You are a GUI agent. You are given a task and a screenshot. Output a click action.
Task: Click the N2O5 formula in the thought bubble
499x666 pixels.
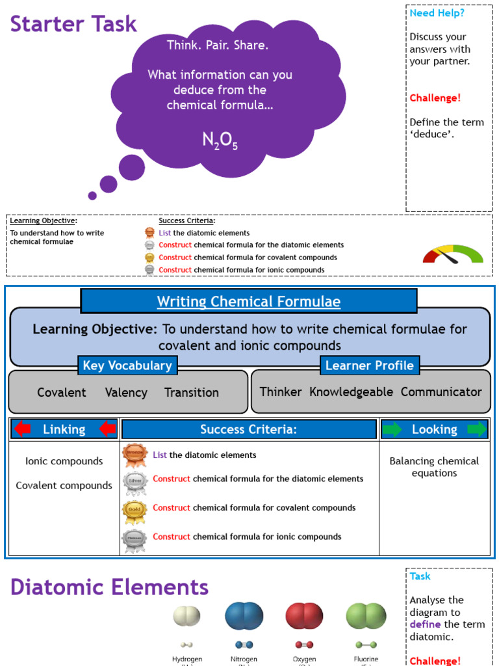(220, 140)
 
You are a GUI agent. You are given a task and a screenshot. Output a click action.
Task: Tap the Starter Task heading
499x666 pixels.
(73, 24)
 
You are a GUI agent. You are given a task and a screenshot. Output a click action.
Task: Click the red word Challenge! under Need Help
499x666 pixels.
(435, 98)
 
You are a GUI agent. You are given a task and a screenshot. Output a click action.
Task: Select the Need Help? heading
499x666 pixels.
(437, 13)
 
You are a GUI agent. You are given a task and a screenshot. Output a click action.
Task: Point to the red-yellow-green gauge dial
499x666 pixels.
(453, 254)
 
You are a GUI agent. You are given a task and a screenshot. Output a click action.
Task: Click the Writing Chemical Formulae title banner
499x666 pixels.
(248, 302)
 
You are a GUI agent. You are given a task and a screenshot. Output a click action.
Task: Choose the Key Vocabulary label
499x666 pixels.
(127, 366)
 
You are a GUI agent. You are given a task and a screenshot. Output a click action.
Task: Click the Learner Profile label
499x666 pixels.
(369, 366)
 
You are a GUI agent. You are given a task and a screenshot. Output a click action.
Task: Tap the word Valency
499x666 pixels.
(125, 392)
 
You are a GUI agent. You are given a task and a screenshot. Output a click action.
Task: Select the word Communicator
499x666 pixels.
(441, 392)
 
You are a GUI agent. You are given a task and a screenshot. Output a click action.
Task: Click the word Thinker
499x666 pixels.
(281, 392)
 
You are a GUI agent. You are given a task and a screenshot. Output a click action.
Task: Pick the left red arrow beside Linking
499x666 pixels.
(23, 429)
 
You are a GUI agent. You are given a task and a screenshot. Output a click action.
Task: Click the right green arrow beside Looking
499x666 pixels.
(476, 429)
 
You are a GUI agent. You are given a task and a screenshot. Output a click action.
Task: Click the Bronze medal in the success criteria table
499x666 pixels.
(134, 455)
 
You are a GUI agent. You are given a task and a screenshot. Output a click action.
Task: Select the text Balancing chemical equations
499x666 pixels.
(434, 467)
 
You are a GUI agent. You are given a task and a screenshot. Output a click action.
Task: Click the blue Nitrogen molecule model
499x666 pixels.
(244, 616)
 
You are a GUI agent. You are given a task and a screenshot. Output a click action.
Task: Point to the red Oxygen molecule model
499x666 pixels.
(304, 616)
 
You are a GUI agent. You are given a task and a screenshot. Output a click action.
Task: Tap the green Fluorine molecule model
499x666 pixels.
(366, 616)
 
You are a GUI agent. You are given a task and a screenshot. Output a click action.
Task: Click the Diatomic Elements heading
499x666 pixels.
(109, 587)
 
